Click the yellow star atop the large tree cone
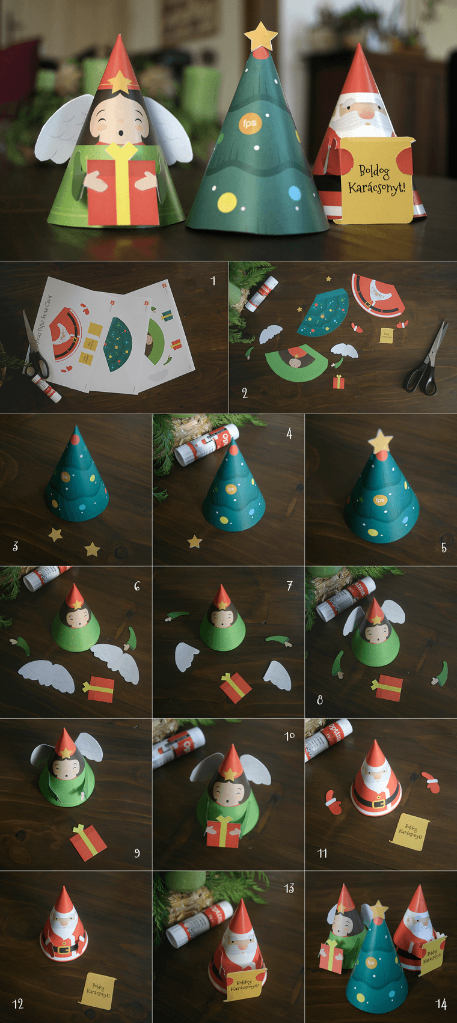[260, 35]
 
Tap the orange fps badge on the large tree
[249, 123]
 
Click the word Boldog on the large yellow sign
[374, 171]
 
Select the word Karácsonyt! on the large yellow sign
[376, 188]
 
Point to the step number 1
[213, 280]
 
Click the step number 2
[245, 393]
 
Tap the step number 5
[444, 547]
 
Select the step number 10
[289, 736]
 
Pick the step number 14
[441, 1004]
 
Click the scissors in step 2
[428, 361]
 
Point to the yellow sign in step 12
[96, 990]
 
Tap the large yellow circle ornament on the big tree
[227, 202]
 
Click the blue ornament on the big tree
[294, 193]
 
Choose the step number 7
[289, 585]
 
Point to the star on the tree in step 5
[380, 441]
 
